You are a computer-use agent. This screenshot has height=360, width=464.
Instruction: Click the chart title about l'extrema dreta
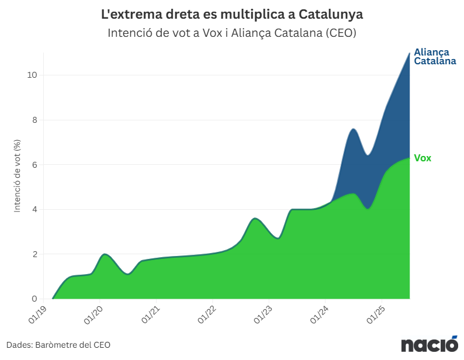coord(232,13)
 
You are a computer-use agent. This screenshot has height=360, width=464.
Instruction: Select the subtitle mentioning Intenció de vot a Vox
coord(232,33)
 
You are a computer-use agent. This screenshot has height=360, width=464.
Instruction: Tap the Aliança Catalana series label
coord(435,57)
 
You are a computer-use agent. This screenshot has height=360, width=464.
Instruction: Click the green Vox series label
coord(423,158)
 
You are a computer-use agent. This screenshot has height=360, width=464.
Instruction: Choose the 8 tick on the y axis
coord(34,120)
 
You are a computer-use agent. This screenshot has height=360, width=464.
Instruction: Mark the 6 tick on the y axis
coord(34,165)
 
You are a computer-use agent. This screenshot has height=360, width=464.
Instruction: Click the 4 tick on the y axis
coord(34,210)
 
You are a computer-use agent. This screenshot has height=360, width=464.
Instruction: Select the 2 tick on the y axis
coord(34,254)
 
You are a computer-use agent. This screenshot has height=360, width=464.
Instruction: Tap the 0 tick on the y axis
coord(34,299)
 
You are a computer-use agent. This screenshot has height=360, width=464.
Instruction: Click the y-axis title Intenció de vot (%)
coord(18,175)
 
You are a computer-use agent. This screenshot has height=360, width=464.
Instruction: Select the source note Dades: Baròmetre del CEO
coord(58,345)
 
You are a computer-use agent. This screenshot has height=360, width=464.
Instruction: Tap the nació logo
coord(429,344)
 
